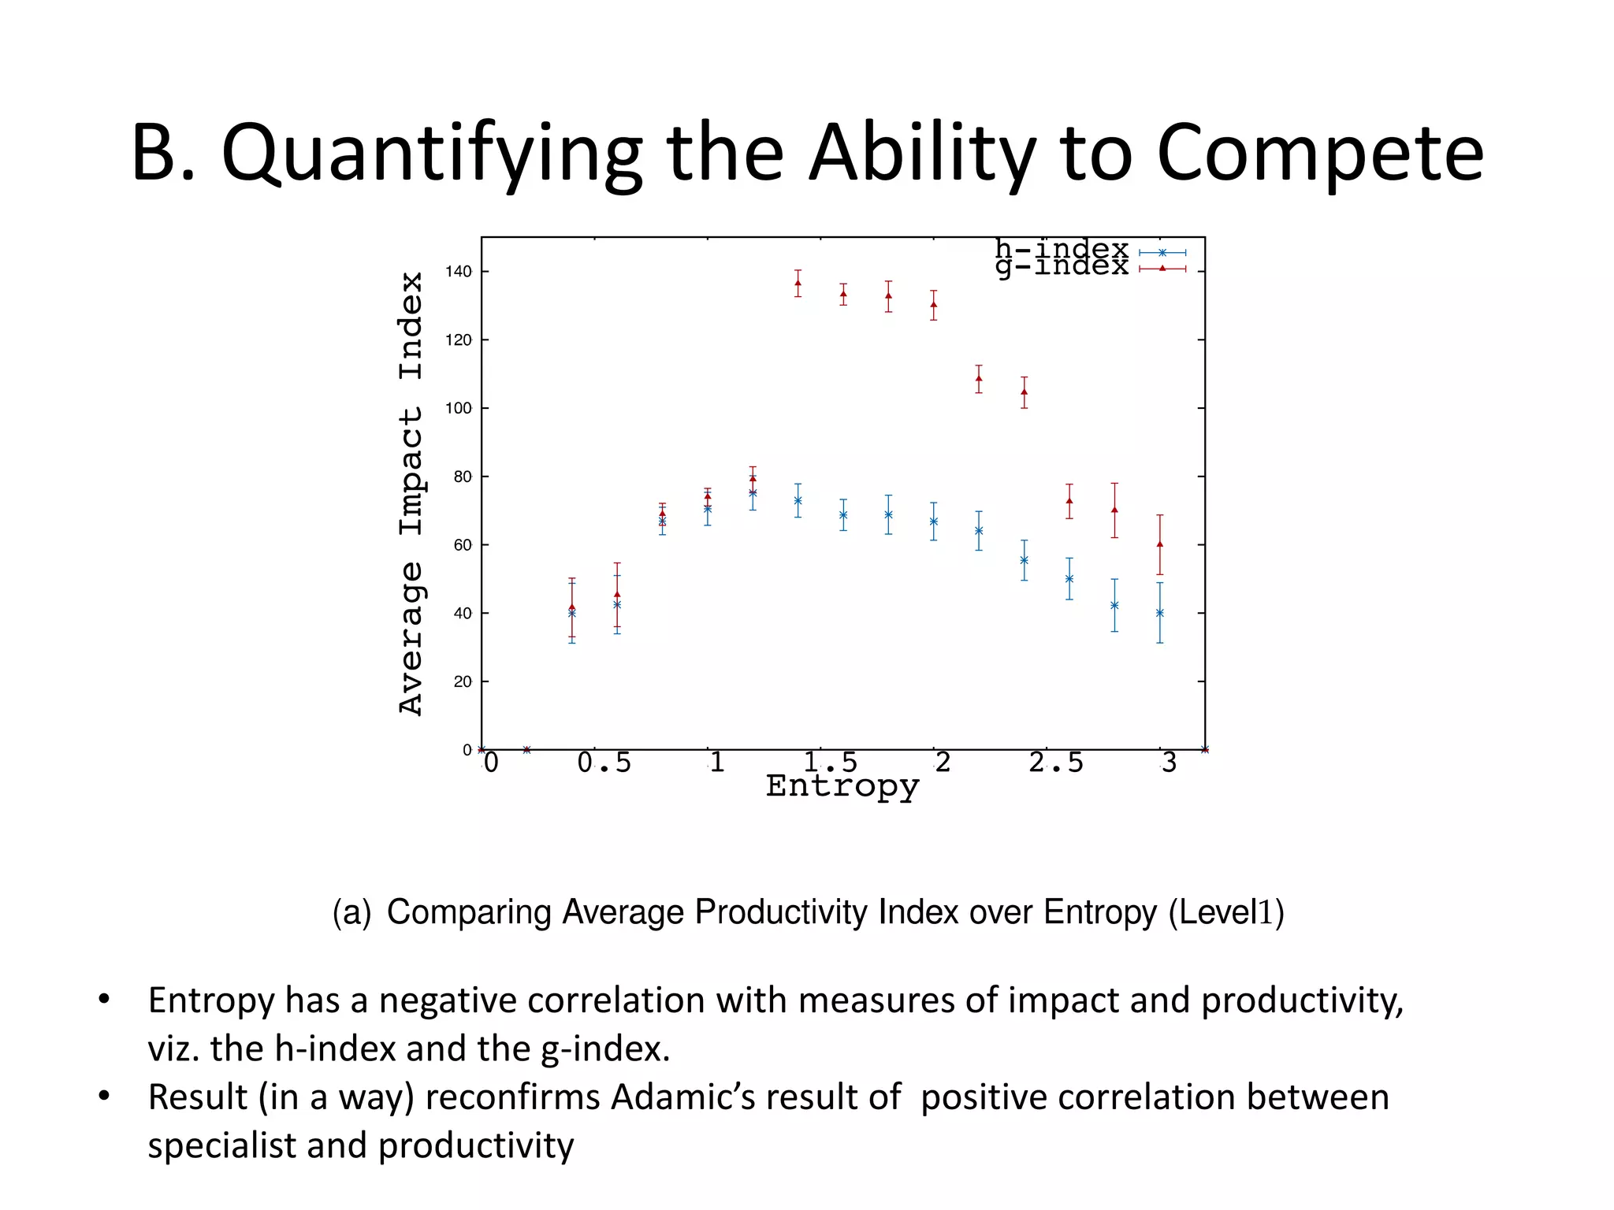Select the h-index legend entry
click(1062, 250)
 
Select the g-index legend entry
click(1062, 267)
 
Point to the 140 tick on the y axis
click(458, 272)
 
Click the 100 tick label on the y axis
click(458, 408)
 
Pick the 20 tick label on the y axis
click(462, 681)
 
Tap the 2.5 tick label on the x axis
click(1055, 763)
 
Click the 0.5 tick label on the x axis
click(604, 763)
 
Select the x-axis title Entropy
click(842, 786)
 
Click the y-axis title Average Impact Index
click(411, 494)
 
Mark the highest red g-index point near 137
click(798, 283)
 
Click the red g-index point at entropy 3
click(1159, 544)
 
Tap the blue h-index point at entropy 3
click(1159, 613)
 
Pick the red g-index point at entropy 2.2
click(979, 378)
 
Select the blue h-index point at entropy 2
click(933, 521)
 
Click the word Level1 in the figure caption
click(1226, 912)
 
